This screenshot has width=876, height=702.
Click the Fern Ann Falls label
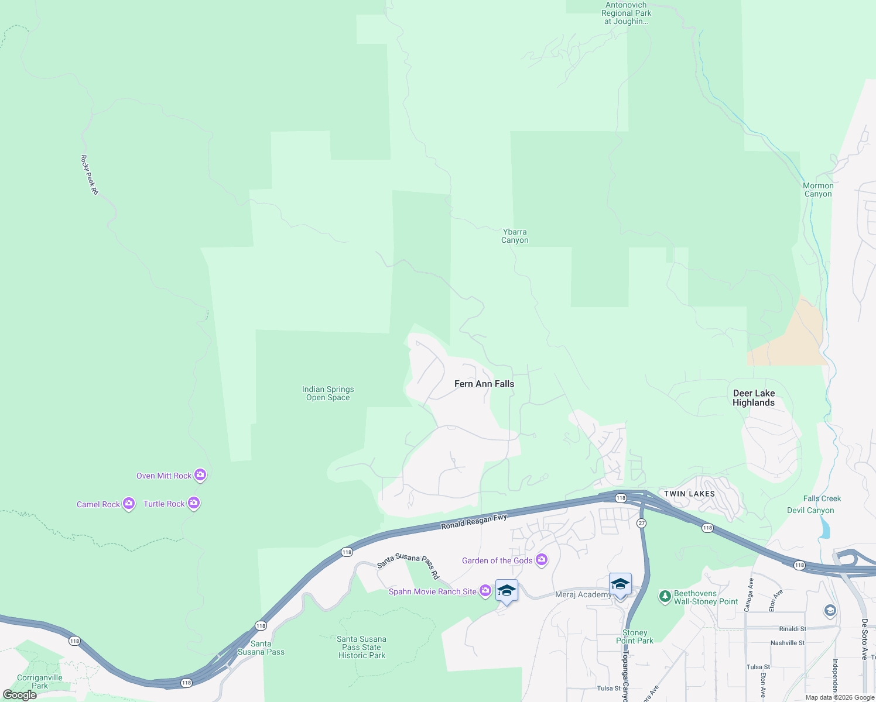484,384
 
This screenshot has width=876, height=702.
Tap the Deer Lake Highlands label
754,398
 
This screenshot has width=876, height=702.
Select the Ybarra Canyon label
515,236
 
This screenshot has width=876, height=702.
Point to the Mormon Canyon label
818,190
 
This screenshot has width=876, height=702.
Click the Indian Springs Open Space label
328,393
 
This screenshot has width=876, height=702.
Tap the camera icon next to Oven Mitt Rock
200,475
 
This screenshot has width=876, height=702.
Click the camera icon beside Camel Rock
129,504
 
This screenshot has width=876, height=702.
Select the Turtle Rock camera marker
194,503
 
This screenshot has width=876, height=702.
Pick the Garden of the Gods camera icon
542,560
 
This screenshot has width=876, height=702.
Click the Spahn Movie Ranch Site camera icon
485,591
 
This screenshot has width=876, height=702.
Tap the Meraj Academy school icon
620,584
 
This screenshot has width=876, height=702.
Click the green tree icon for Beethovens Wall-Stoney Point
665,596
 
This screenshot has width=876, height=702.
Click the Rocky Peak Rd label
90,174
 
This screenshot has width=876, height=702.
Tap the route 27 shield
642,523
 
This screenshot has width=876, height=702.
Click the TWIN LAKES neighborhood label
689,494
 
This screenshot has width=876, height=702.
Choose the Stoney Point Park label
635,636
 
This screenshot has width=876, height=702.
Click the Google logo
20,695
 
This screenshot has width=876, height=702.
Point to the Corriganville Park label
40,682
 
